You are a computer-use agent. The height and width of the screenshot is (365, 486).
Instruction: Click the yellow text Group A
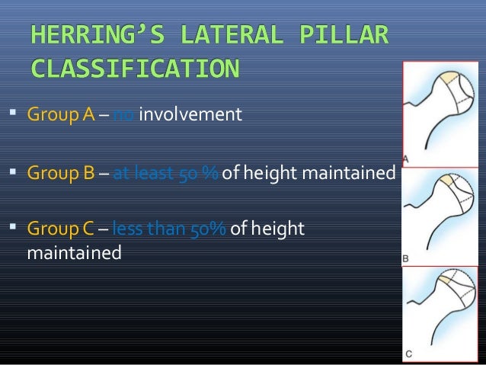point(61,116)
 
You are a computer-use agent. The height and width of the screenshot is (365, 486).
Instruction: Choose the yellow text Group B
point(61,173)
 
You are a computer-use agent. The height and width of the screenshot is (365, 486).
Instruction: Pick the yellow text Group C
point(61,229)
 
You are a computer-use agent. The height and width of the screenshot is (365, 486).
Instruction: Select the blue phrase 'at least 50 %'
point(165,173)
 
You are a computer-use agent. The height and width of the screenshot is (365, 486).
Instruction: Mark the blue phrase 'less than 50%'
point(168,229)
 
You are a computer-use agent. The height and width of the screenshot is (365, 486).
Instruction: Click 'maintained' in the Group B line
point(348,173)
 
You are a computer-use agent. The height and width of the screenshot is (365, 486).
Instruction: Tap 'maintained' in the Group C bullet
point(74,251)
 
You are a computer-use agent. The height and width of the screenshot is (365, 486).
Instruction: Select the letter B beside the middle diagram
point(406,259)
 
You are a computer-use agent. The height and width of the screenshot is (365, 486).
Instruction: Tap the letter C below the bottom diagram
point(409,353)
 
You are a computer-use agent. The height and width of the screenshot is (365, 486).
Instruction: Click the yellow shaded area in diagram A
point(446,79)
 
